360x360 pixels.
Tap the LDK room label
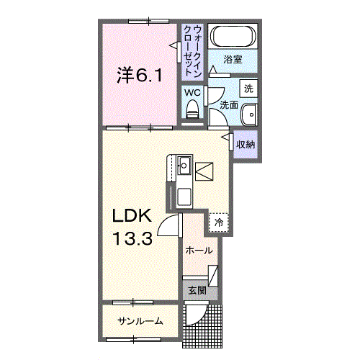[x=130, y=216]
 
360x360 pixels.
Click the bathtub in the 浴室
[x=233, y=37]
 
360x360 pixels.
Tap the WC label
[x=192, y=93]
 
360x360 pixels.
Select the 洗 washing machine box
[x=248, y=89]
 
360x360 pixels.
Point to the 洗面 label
[x=229, y=105]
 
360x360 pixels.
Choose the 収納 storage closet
[x=246, y=144]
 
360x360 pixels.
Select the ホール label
[x=198, y=251]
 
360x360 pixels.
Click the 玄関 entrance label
[x=197, y=291]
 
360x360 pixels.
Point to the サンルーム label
[x=140, y=321]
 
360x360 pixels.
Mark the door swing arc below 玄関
[x=194, y=315]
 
